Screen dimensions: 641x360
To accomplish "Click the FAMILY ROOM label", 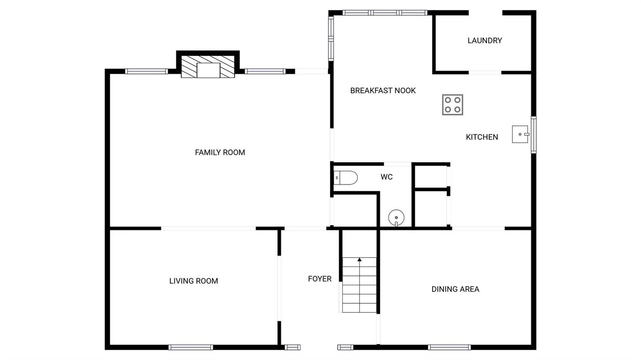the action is (x=220, y=153).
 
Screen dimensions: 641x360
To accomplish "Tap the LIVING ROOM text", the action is (x=194, y=281).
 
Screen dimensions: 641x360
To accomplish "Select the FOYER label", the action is (x=320, y=279).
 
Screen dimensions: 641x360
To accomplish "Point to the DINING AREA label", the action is (x=455, y=289).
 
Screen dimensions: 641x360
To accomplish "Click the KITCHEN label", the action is (x=482, y=137).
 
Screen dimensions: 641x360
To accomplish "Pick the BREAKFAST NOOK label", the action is (x=383, y=91).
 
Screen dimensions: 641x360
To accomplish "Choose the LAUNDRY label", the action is (x=485, y=41).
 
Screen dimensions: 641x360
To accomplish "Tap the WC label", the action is (x=387, y=177).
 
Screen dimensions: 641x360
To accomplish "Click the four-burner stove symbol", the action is (x=453, y=105).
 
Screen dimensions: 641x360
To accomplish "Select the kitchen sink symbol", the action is (x=520, y=134).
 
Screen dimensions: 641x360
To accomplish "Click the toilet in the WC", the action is (x=346, y=178).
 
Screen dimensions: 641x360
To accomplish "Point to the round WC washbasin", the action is (x=396, y=218).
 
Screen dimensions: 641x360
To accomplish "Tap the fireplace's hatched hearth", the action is (x=208, y=67).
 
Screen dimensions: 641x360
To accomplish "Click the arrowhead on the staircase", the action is (x=360, y=259).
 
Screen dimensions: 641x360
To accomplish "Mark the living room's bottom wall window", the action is (x=191, y=348).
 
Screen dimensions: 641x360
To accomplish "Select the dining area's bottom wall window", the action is (x=449, y=348).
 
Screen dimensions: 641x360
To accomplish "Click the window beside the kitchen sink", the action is (x=534, y=134).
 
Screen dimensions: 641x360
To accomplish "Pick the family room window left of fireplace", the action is (x=146, y=71).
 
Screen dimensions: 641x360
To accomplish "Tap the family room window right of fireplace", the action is (x=265, y=71).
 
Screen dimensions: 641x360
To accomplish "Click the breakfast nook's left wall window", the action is (x=331, y=38).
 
